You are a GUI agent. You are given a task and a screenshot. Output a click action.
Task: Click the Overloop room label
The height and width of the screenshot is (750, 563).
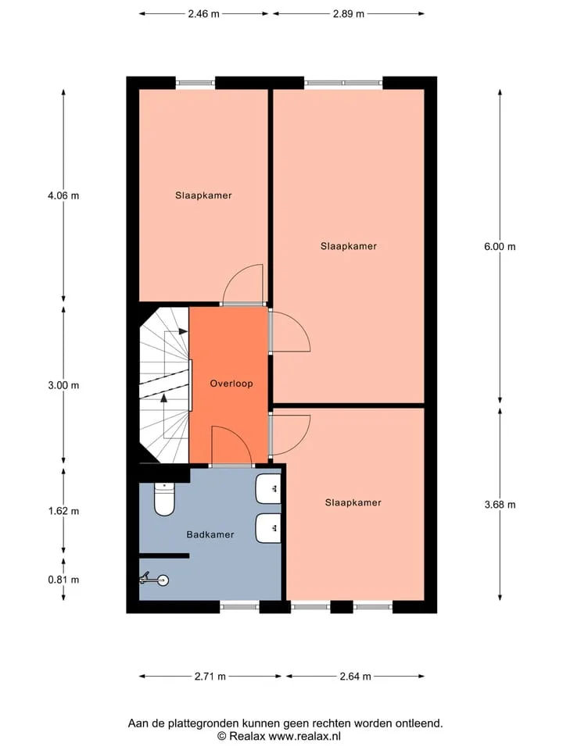[231, 384]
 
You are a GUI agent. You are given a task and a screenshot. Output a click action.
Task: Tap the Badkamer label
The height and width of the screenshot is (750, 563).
[210, 534]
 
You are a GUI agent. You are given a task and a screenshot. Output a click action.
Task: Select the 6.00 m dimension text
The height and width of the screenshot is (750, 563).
[500, 247]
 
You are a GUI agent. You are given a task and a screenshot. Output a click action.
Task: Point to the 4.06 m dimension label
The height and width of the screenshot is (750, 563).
[63, 195]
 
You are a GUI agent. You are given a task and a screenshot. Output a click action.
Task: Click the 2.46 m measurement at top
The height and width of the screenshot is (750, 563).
[203, 14]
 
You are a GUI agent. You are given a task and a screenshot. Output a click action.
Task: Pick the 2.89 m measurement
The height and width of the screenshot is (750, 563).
[349, 14]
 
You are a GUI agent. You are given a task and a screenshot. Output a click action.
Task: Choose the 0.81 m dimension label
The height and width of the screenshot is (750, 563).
[63, 580]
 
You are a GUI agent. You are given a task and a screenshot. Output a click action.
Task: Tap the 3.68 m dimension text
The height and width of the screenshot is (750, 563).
[500, 505]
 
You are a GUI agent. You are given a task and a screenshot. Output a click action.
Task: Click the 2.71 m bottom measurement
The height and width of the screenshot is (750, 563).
[210, 677]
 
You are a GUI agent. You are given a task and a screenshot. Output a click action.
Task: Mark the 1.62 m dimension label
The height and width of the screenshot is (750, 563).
[63, 511]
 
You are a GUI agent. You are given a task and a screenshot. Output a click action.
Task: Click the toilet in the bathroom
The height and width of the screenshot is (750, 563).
[164, 500]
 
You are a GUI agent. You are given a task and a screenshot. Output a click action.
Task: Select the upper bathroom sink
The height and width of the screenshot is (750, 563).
[268, 489]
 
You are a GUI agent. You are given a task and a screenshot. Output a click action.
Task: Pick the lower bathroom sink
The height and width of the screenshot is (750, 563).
[268, 529]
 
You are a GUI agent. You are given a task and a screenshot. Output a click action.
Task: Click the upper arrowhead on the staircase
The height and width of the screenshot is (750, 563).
[183, 331]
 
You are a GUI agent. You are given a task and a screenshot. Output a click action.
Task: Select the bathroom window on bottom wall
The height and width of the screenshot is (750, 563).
[239, 607]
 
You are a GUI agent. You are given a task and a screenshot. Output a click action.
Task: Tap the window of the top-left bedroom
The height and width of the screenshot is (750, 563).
[195, 83]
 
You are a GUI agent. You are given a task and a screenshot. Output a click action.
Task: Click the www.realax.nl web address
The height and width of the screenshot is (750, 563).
[304, 737]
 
